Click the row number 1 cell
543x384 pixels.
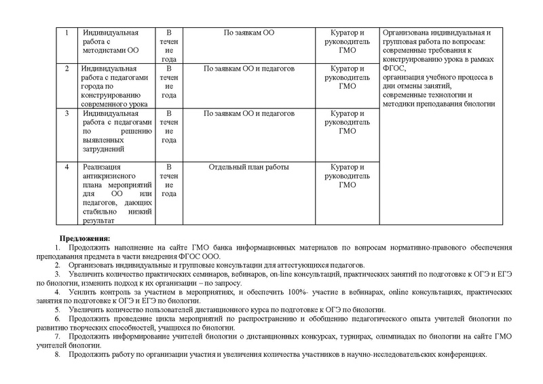pos(67,45)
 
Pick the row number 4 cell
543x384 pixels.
pos(67,192)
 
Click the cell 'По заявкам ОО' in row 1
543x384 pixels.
pos(249,33)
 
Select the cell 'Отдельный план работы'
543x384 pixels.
pos(249,167)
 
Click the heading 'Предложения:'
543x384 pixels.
pos(85,238)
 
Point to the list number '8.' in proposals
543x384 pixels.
pos(56,353)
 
